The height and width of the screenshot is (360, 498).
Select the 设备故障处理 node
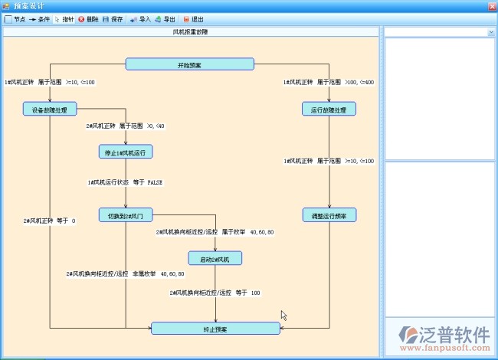click(x=50, y=110)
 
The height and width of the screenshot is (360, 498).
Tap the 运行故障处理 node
click(x=329, y=110)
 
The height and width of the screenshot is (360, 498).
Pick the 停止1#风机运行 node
click(x=126, y=152)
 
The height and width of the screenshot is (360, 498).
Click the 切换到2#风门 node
click(x=126, y=216)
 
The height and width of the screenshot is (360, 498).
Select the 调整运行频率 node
click(x=329, y=216)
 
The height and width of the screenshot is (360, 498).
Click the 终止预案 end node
click(x=215, y=329)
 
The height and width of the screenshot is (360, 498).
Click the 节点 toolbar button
click(x=15, y=19)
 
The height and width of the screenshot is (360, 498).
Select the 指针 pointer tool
click(x=64, y=19)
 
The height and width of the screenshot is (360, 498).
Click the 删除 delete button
click(x=87, y=19)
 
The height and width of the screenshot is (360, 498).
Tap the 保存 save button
click(x=112, y=19)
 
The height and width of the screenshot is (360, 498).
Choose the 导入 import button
click(x=140, y=19)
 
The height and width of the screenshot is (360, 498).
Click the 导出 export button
click(x=165, y=19)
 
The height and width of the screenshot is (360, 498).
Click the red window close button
click(x=491, y=6)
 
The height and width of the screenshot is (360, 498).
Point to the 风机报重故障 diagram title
click(x=191, y=32)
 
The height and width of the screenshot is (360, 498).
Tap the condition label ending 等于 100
click(x=215, y=293)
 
